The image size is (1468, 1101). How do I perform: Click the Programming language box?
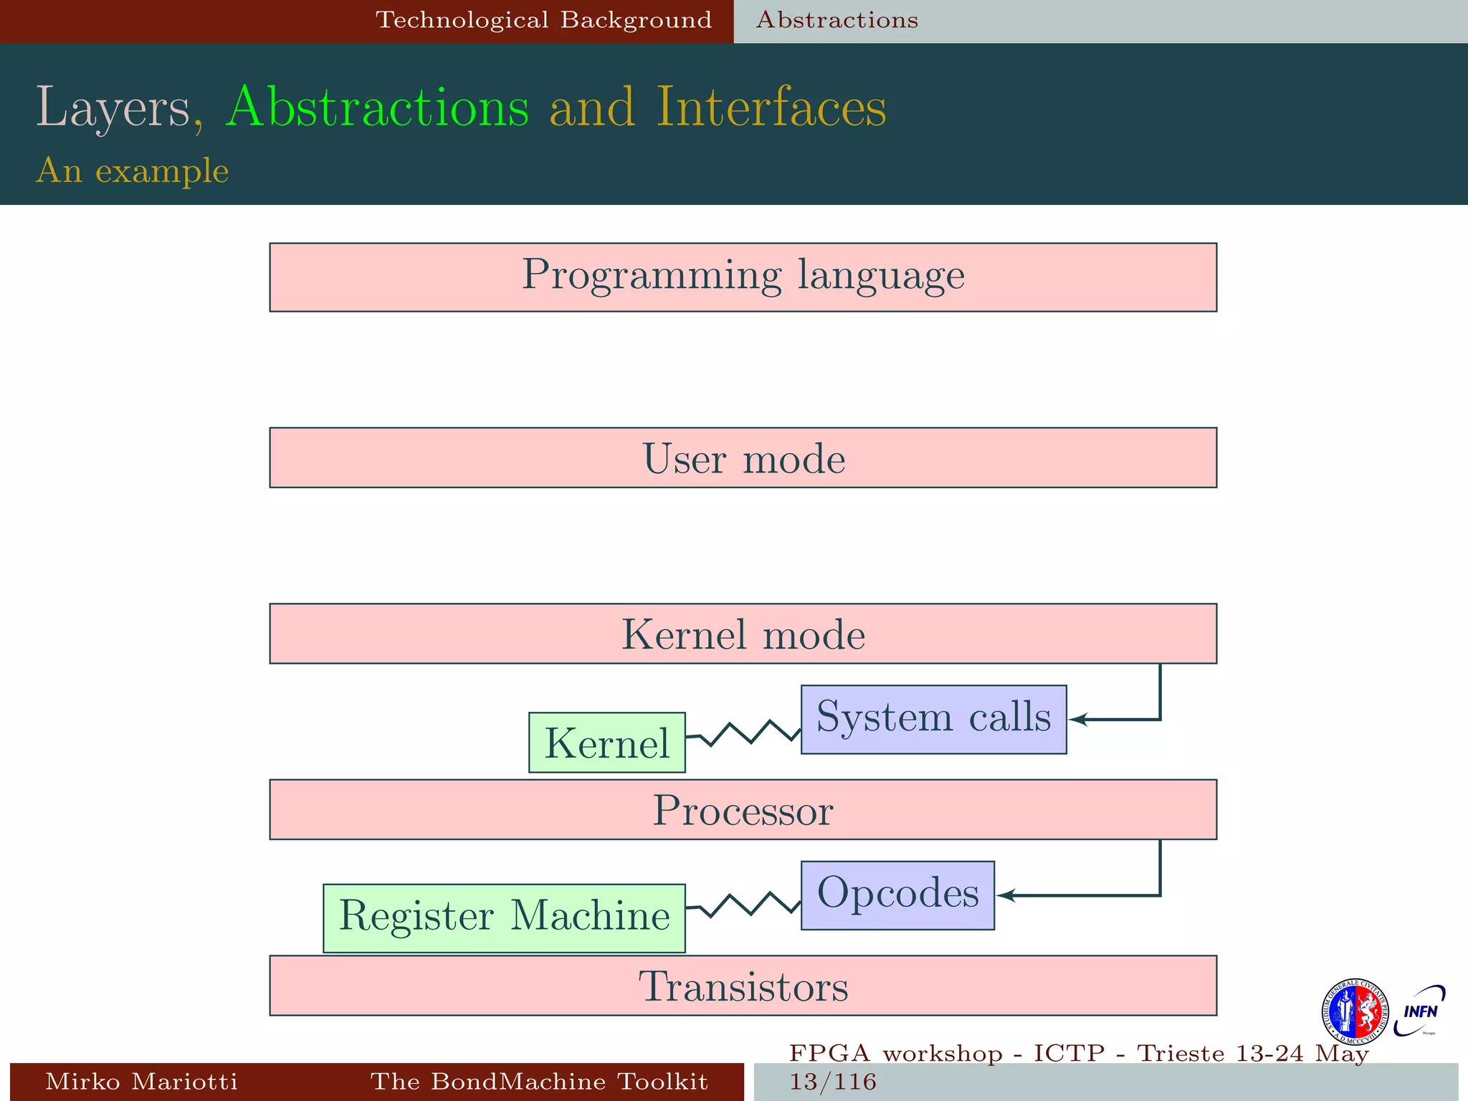(x=743, y=277)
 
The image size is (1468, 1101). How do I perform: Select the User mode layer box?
(x=743, y=458)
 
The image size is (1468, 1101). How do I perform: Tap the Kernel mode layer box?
(x=743, y=634)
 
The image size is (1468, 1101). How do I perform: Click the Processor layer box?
(x=743, y=809)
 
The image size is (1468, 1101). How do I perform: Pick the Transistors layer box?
(x=743, y=986)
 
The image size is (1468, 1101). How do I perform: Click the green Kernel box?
(x=606, y=743)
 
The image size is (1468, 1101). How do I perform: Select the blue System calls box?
(x=933, y=719)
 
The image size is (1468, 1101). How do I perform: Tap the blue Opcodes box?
(x=897, y=895)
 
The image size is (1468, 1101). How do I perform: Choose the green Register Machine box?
(x=504, y=918)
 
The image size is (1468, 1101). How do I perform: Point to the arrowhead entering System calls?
(x=1077, y=719)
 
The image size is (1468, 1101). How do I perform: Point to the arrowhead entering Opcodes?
(x=1005, y=895)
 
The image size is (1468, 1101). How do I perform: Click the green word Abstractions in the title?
(x=377, y=108)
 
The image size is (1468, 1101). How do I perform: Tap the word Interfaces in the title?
(x=771, y=108)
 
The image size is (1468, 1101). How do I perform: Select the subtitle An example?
(x=133, y=171)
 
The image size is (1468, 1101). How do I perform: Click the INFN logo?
(x=1419, y=1011)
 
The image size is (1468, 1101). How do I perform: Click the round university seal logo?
(x=1355, y=1011)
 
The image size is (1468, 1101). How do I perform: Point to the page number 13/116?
(x=833, y=1082)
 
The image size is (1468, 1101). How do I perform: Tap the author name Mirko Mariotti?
(x=141, y=1082)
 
